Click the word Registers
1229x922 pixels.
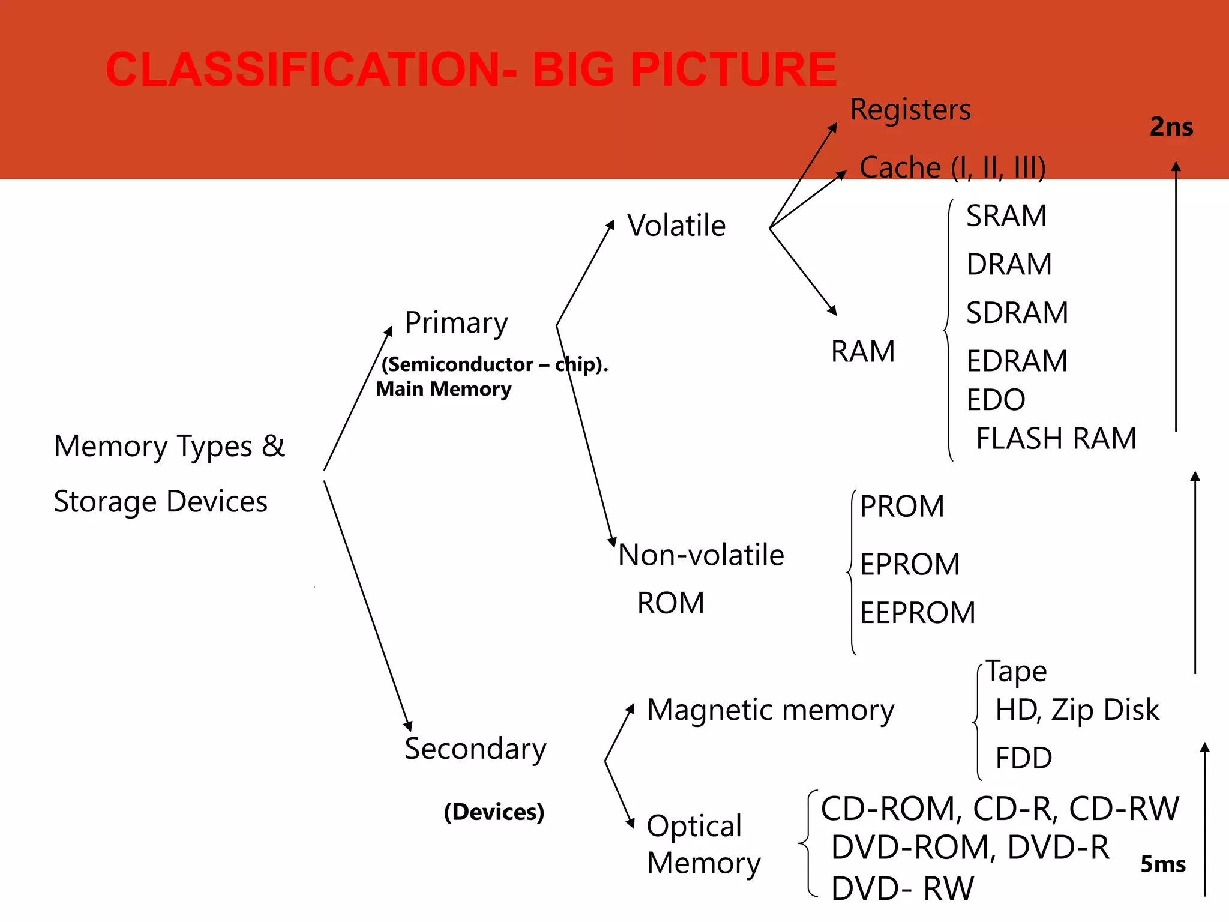pos(910,110)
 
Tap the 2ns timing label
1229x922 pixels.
pos(1171,127)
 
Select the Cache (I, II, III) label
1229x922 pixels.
pos(952,167)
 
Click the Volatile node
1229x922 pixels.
pos(676,226)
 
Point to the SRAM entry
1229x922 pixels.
pos(1006,216)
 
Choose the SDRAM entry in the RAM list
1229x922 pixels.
pos(1017,313)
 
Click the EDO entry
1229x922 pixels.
pos(996,400)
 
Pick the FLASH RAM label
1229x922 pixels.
pos(1056,439)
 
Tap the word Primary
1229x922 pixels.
pos(456,324)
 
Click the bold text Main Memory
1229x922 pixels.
pos(443,389)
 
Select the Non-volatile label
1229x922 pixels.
pos(701,555)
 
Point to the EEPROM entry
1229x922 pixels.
pos(918,613)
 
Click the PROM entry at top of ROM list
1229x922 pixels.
pos(902,507)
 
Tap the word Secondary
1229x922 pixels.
pos(475,749)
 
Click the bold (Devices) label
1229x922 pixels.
pos(494,812)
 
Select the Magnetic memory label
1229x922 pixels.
pos(771,710)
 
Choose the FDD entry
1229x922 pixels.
pos(1023,758)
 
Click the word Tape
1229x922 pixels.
pos(1016,671)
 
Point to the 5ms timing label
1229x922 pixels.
pos(1162,864)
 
